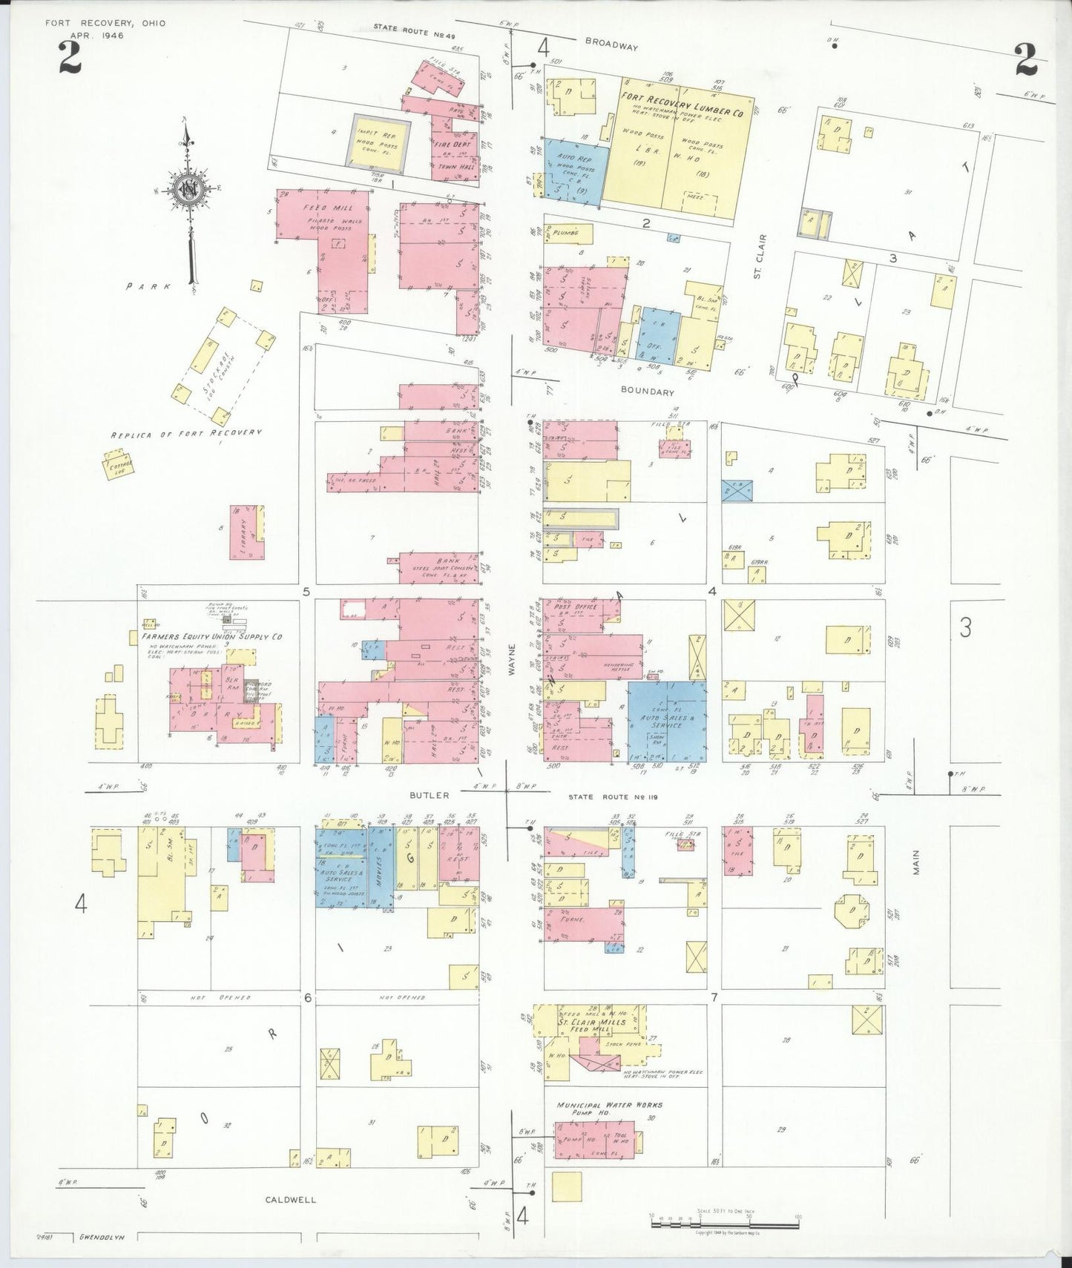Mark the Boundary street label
(x=648, y=392)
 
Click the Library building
(x=246, y=532)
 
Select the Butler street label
(x=429, y=796)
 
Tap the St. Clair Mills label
(x=591, y=1022)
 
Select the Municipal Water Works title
(x=610, y=1105)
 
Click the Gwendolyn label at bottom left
(x=101, y=1238)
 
